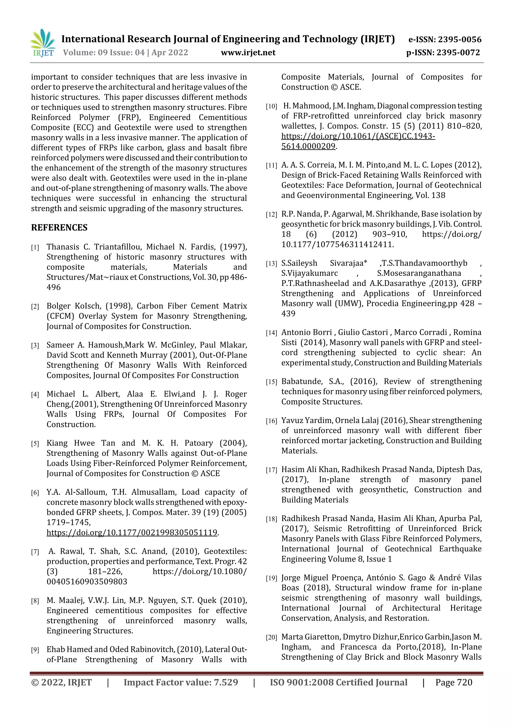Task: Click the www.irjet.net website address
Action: coord(248,52)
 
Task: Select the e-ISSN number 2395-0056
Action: coord(460,40)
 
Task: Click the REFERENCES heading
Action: coord(59,228)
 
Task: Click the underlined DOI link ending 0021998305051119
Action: coord(132,533)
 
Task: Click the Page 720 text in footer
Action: coord(454,682)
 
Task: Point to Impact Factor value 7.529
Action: coord(181,682)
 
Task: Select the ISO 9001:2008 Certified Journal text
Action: coord(338,682)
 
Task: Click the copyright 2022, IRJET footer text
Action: coord(61,682)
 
